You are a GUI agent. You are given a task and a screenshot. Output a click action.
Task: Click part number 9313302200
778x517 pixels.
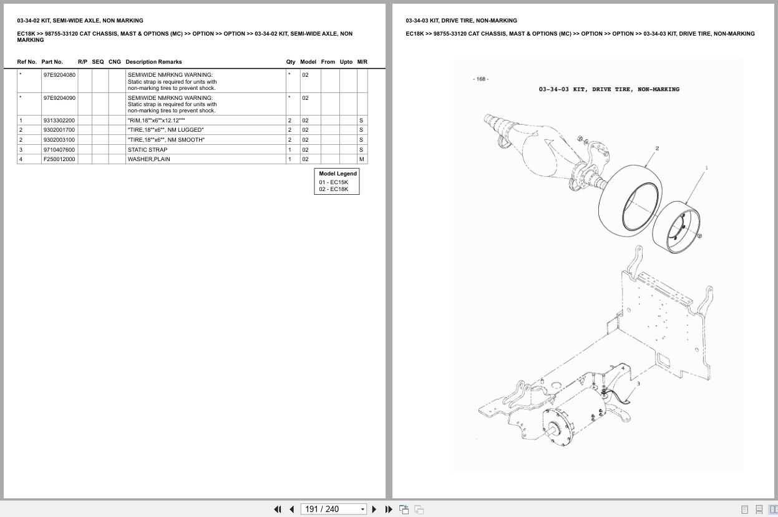[x=59, y=121]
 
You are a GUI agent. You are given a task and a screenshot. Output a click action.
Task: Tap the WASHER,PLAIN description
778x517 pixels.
[x=148, y=159]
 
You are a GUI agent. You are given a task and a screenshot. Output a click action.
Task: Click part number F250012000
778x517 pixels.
[x=59, y=159]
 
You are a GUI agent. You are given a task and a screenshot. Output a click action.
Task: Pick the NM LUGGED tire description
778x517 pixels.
[x=165, y=130]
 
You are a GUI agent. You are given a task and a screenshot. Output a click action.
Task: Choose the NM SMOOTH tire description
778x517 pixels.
[x=166, y=140]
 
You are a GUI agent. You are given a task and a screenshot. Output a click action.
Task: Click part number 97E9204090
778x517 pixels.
[x=59, y=97]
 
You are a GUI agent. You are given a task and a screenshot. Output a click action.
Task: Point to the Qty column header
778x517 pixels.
[x=290, y=62]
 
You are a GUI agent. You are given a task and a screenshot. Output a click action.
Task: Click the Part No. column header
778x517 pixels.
[x=52, y=62]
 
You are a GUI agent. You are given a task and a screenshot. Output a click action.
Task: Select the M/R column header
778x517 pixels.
[x=362, y=62]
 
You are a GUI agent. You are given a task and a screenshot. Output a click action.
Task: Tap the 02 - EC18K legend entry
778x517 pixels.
[x=333, y=189]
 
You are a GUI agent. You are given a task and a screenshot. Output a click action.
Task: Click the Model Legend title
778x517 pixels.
[x=338, y=174]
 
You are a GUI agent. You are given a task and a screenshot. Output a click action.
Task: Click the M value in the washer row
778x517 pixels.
[x=362, y=159]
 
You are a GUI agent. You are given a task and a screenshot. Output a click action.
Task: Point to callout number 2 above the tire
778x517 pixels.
[x=657, y=149]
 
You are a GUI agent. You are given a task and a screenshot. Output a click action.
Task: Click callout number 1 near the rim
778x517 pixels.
[x=706, y=168]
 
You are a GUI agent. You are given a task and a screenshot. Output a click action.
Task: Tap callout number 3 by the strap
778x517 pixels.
[x=638, y=384]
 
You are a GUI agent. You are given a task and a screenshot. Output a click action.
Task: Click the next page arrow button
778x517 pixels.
[x=374, y=510]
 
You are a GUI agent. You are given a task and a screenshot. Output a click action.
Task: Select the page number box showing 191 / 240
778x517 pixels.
[x=333, y=510]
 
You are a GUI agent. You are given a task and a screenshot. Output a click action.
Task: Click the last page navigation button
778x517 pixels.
[x=389, y=510]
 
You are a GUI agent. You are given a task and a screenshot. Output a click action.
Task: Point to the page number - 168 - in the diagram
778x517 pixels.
[x=480, y=79]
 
